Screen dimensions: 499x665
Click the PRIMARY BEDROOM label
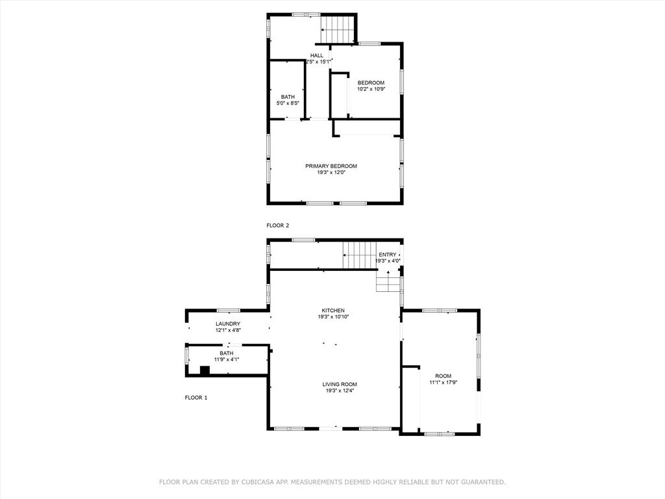coord(331,166)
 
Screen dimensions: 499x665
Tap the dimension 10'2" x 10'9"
coord(371,89)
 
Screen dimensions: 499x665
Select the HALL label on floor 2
coord(316,55)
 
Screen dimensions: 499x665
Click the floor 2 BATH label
coord(288,97)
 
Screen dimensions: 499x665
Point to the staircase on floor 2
coord(338,29)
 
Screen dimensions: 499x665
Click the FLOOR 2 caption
coord(277,225)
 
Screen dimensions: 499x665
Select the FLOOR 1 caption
coord(195,398)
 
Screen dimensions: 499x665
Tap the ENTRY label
coord(387,255)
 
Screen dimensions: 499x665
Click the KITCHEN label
coord(333,311)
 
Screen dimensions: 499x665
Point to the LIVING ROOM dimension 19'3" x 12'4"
coord(340,391)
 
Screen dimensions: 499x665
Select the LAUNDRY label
coord(228,324)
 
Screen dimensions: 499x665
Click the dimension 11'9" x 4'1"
coord(226,359)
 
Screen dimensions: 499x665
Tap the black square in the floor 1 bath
coord(205,371)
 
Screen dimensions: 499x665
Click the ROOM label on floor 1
coord(443,376)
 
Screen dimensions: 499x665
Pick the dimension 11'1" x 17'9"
coord(443,383)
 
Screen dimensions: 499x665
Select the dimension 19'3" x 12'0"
coord(331,173)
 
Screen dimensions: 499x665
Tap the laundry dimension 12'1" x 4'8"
coord(228,330)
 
